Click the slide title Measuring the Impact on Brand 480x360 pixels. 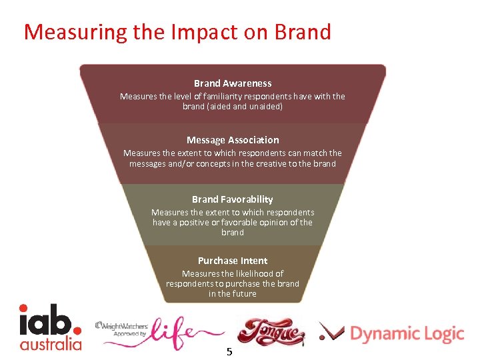click(x=177, y=32)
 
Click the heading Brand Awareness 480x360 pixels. click(x=233, y=83)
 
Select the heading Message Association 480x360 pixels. click(x=233, y=140)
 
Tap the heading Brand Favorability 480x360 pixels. click(x=233, y=199)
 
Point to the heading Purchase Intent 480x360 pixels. click(x=233, y=261)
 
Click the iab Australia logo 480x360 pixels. click(x=50, y=327)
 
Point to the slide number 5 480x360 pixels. click(x=229, y=351)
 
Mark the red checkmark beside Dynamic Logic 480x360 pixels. click(x=331, y=332)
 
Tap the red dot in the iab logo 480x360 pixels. click(x=77, y=328)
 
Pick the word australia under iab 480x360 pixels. click(x=50, y=344)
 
